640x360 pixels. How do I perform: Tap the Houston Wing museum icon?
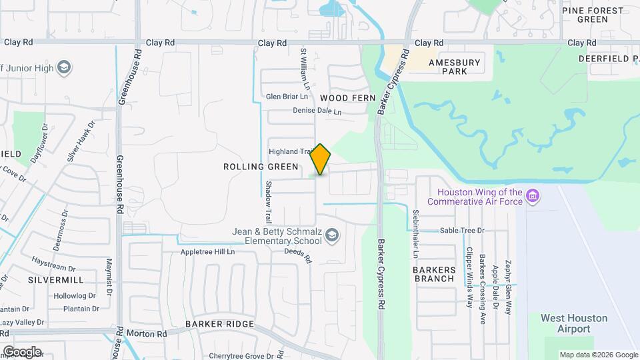pyautogui.click(x=533, y=196)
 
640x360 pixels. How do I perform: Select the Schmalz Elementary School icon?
pyautogui.click(x=333, y=236)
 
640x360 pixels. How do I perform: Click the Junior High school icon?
pyautogui.click(x=64, y=67)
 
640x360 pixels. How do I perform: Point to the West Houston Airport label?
pyautogui.click(x=574, y=323)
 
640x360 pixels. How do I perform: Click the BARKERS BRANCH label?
pyautogui.click(x=435, y=274)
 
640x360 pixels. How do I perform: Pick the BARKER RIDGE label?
pyautogui.click(x=219, y=324)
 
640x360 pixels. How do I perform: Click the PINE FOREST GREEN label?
pyautogui.click(x=593, y=15)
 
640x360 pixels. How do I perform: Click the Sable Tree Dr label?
pyautogui.click(x=461, y=231)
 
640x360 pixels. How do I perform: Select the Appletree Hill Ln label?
pyautogui.click(x=208, y=252)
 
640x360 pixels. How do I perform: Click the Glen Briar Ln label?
pyautogui.click(x=287, y=96)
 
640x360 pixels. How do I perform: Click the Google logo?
pyautogui.click(x=22, y=351)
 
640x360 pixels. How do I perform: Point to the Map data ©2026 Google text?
pyautogui.click(x=598, y=355)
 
